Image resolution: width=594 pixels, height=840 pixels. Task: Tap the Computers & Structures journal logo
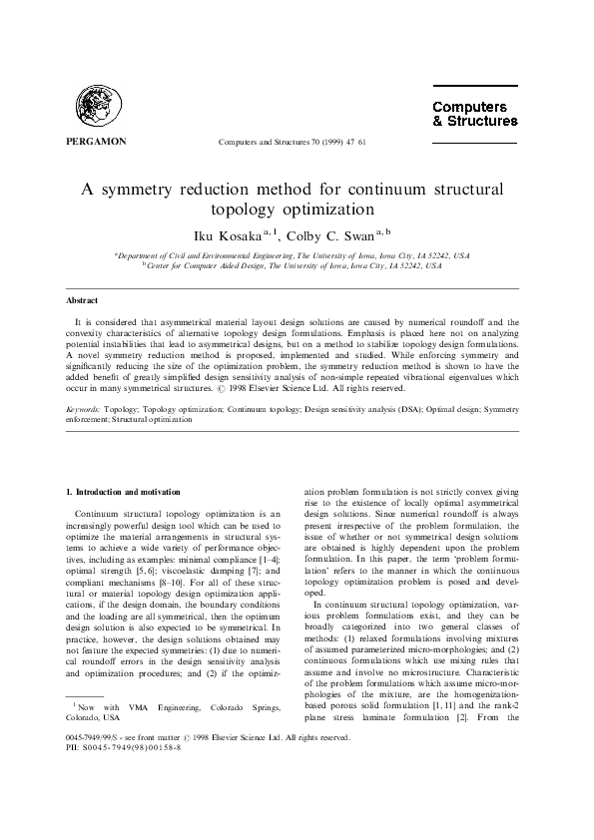pyautogui.click(x=473, y=114)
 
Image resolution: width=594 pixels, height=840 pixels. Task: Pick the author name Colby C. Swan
pyautogui.click(x=335, y=235)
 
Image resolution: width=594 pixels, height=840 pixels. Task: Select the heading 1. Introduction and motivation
pyautogui.click(x=123, y=492)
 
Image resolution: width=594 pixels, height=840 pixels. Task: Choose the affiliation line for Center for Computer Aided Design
pyautogui.click(x=297, y=266)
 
